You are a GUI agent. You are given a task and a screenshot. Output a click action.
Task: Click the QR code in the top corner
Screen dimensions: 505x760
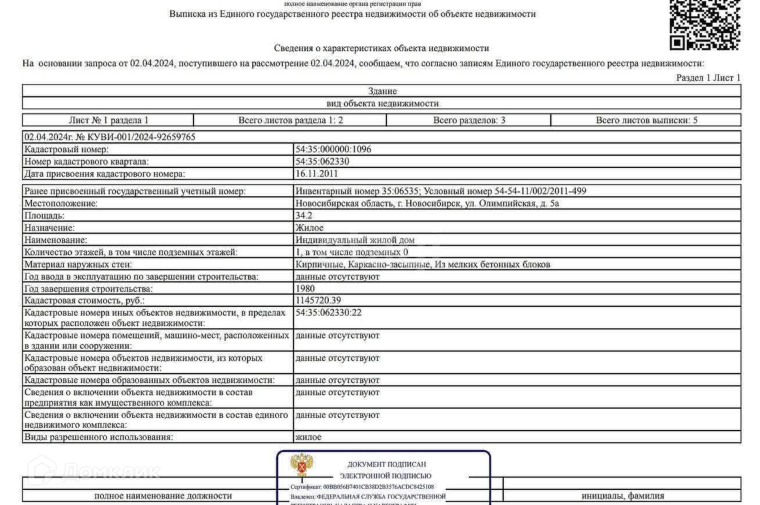(x=705, y=24)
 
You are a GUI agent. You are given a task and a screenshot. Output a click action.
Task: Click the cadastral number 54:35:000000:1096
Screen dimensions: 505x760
(x=333, y=149)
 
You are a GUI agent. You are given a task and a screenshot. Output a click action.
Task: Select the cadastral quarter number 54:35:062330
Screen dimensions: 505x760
(x=322, y=162)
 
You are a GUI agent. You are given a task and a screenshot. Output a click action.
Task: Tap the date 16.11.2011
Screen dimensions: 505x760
(x=317, y=174)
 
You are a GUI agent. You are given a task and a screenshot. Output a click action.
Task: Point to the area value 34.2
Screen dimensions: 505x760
(x=304, y=216)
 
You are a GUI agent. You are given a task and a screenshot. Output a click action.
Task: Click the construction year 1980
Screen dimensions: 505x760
(x=305, y=289)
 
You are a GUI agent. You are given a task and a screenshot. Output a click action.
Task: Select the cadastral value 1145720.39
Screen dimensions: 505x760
(x=318, y=300)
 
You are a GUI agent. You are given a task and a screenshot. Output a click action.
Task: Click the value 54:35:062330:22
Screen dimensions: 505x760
(x=328, y=313)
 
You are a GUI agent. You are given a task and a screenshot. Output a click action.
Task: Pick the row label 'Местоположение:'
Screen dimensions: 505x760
(x=61, y=203)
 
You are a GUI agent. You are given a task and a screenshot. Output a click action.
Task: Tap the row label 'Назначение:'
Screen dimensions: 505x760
(x=49, y=228)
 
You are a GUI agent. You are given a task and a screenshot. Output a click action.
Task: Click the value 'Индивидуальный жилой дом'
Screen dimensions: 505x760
(x=355, y=240)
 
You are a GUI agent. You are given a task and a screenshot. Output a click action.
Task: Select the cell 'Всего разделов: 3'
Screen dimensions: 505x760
(x=469, y=120)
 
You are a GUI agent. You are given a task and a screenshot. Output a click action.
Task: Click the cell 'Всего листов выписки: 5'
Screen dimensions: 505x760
(x=646, y=120)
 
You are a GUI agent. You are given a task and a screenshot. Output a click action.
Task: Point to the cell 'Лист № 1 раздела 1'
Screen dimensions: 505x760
(x=109, y=120)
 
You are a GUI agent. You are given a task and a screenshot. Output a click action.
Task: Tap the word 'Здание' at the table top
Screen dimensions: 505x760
(x=382, y=91)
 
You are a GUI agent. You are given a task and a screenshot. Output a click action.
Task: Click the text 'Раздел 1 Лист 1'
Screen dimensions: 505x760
(x=708, y=78)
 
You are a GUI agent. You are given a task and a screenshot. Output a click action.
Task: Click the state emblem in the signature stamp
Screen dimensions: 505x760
(x=302, y=466)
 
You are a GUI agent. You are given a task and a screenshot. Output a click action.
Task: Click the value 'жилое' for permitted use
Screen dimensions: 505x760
(x=309, y=437)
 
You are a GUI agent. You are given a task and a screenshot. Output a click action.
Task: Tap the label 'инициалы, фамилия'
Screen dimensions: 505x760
(x=622, y=496)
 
